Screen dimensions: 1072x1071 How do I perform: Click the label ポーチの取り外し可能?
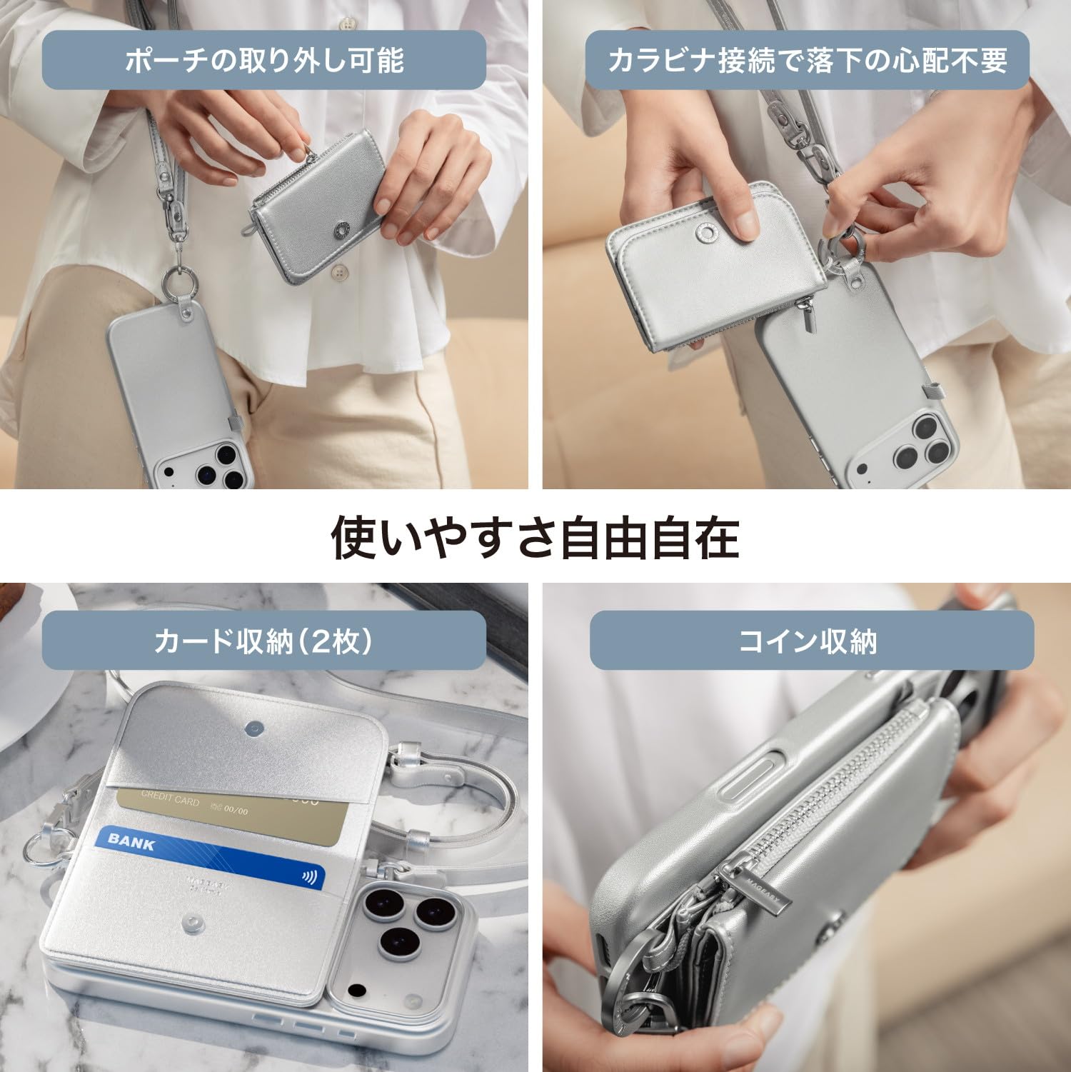263,60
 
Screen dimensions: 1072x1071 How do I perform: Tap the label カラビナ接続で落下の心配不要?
807,60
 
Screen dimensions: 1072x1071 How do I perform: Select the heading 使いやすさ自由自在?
535,538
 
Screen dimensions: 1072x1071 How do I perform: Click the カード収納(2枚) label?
263,641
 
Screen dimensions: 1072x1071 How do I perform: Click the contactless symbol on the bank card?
309,876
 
